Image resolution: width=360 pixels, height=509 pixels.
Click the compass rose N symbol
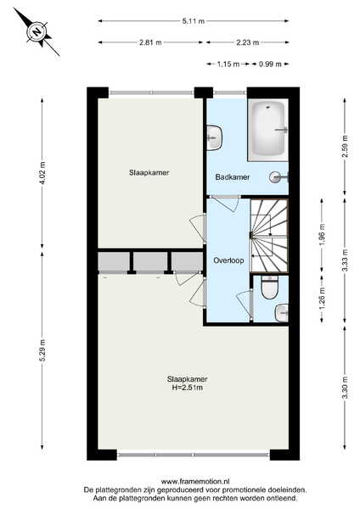(x=37, y=32)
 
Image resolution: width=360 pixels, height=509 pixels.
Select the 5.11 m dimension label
(x=194, y=21)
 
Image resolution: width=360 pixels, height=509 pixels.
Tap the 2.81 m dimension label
(x=150, y=42)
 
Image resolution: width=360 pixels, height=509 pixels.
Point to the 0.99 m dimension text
(x=270, y=64)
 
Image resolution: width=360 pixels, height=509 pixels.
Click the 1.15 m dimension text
(x=228, y=64)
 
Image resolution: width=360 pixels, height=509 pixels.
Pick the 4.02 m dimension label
(x=42, y=173)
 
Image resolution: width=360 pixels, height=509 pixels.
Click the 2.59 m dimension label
(x=345, y=146)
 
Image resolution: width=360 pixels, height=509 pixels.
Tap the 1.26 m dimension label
(x=322, y=299)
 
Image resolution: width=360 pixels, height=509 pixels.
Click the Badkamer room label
(x=233, y=177)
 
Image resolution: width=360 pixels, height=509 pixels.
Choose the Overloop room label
(x=228, y=260)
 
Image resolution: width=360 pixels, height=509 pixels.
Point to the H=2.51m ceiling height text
(x=187, y=388)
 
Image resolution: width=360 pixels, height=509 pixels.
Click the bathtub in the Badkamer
(x=268, y=129)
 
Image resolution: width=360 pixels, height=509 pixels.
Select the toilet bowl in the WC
(x=270, y=288)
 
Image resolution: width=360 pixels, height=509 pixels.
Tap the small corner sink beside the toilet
(x=282, y=313)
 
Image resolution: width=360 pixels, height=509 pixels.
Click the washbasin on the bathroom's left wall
(x=215, y=138)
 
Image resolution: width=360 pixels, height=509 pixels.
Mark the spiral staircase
(x=269, y=236)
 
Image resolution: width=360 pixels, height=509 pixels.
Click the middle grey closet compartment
(x=150, y=261)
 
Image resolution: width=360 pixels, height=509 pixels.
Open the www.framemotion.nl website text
(x=195, y=481)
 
